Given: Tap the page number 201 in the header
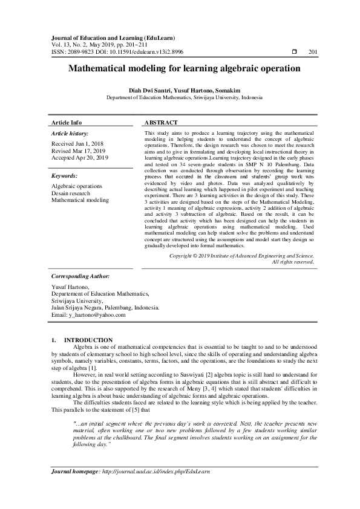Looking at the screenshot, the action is pos(313,53).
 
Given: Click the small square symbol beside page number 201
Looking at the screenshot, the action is pos(294,53).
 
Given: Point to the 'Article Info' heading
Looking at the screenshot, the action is pos(67,122).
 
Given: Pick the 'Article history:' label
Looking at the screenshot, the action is pos(70,133).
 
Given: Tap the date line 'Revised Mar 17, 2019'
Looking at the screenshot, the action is pos(79,151).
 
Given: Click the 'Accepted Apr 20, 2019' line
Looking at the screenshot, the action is pos(80,158).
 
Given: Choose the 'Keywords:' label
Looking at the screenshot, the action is pos(65,175).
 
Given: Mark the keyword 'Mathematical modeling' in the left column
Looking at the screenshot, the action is pos(80,199).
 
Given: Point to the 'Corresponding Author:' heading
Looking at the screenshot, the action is pos(80,276).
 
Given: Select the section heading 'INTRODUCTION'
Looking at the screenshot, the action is pos(88,340).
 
